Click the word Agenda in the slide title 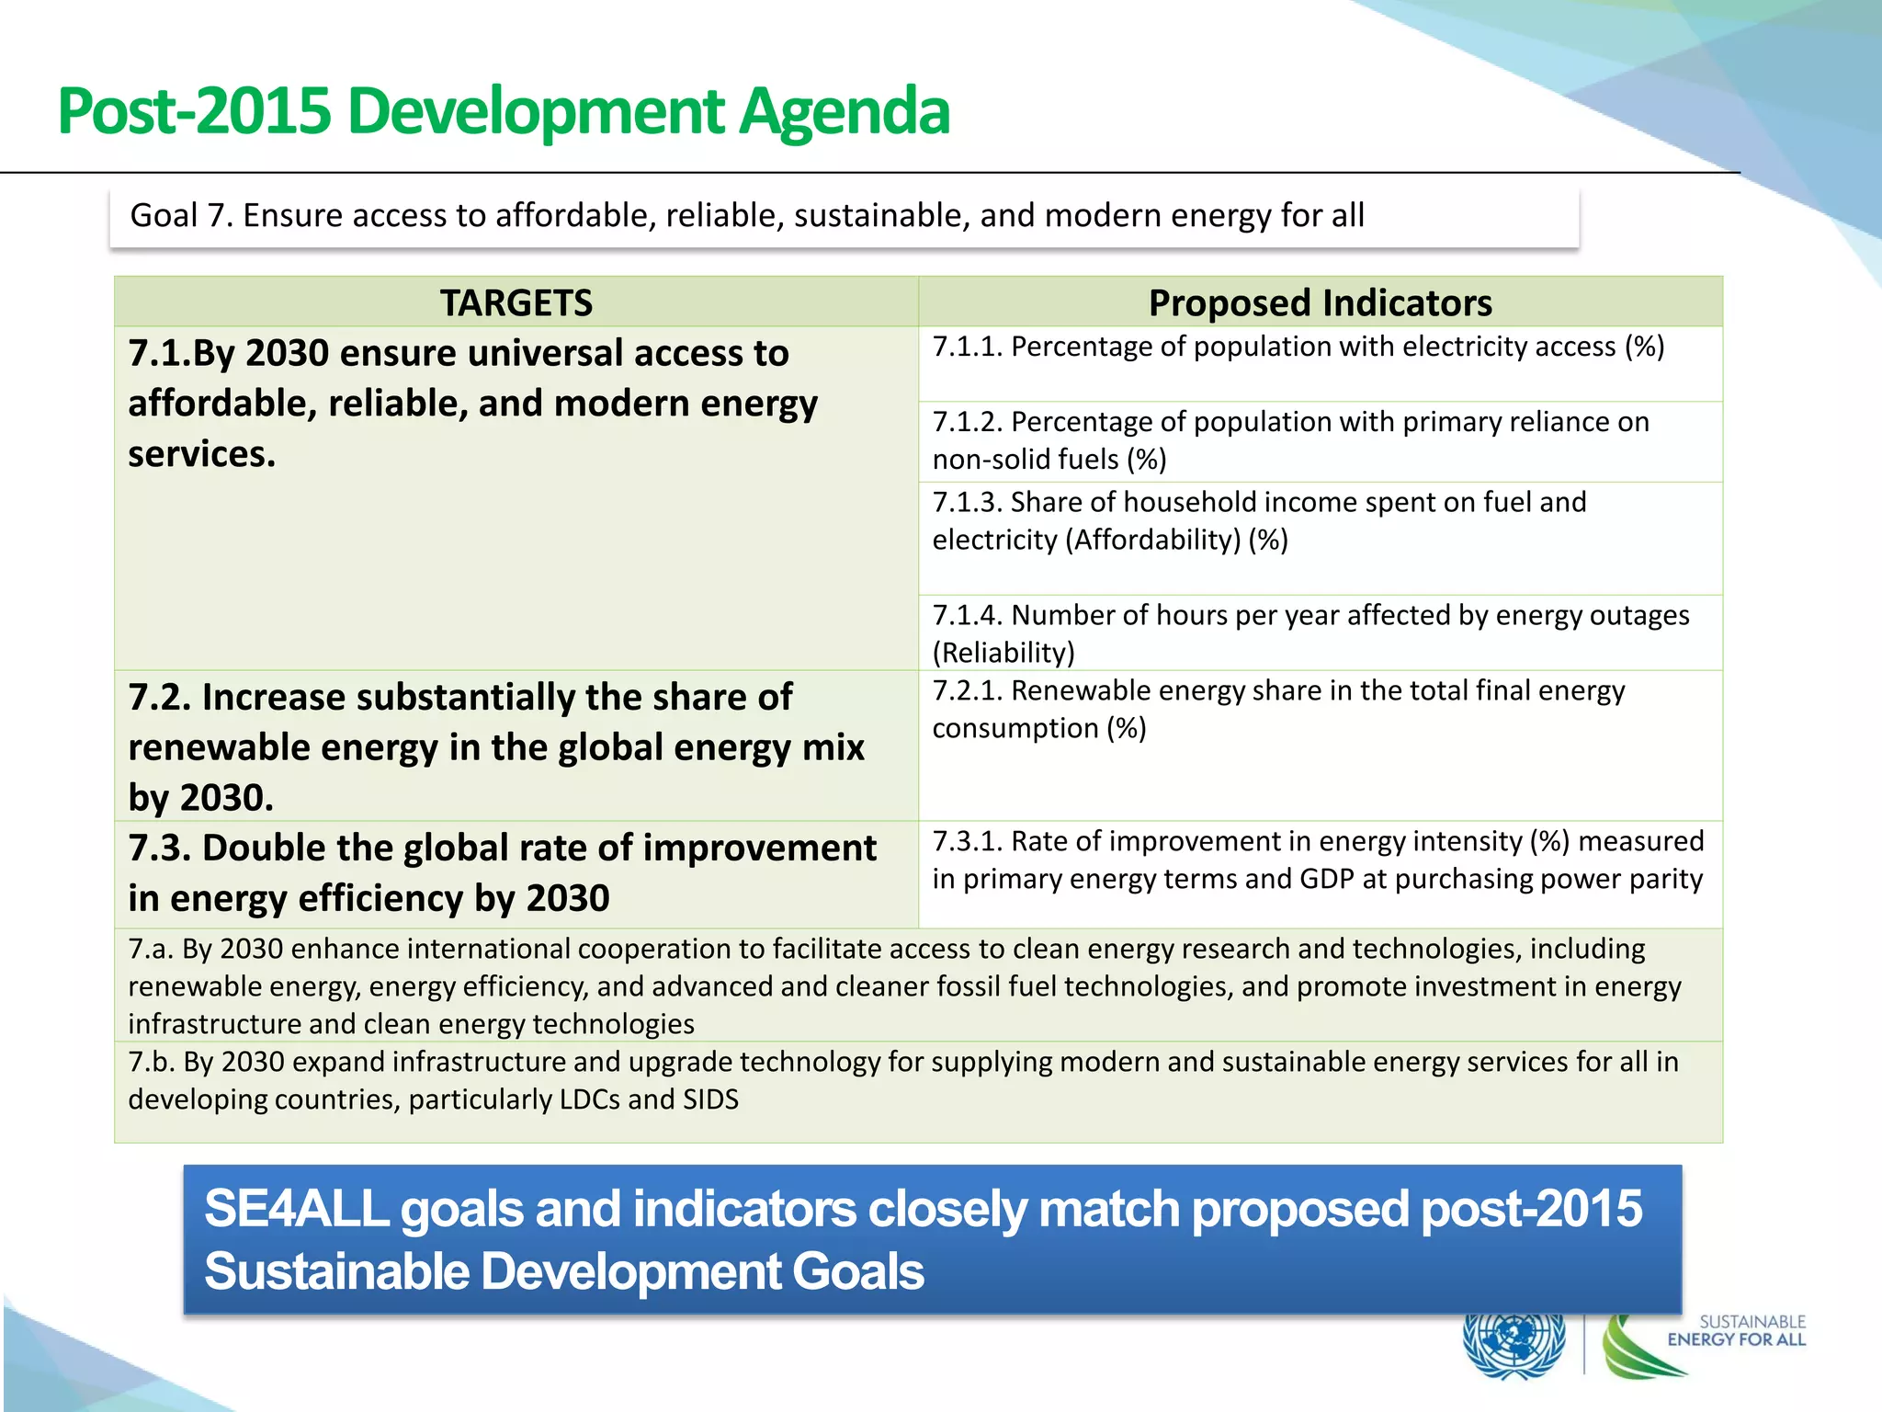(844, 112)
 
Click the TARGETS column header (516, 302)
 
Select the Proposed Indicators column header (1320, 302)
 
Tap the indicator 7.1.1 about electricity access (1298, 347)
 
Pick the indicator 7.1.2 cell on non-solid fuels (1290, 440)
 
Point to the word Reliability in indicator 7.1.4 (1003, 653)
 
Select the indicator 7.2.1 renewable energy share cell (1277, 710)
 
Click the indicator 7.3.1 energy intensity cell (1318, 860)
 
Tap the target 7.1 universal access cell (472, 404)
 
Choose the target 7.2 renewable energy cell (496, 747)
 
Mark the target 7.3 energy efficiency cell (502, 872)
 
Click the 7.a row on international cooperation (904, 986)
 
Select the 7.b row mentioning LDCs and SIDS (902, 1080)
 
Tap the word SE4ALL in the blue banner (296, 1209)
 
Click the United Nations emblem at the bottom (1513, 1344)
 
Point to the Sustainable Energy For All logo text (1737, 1331)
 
